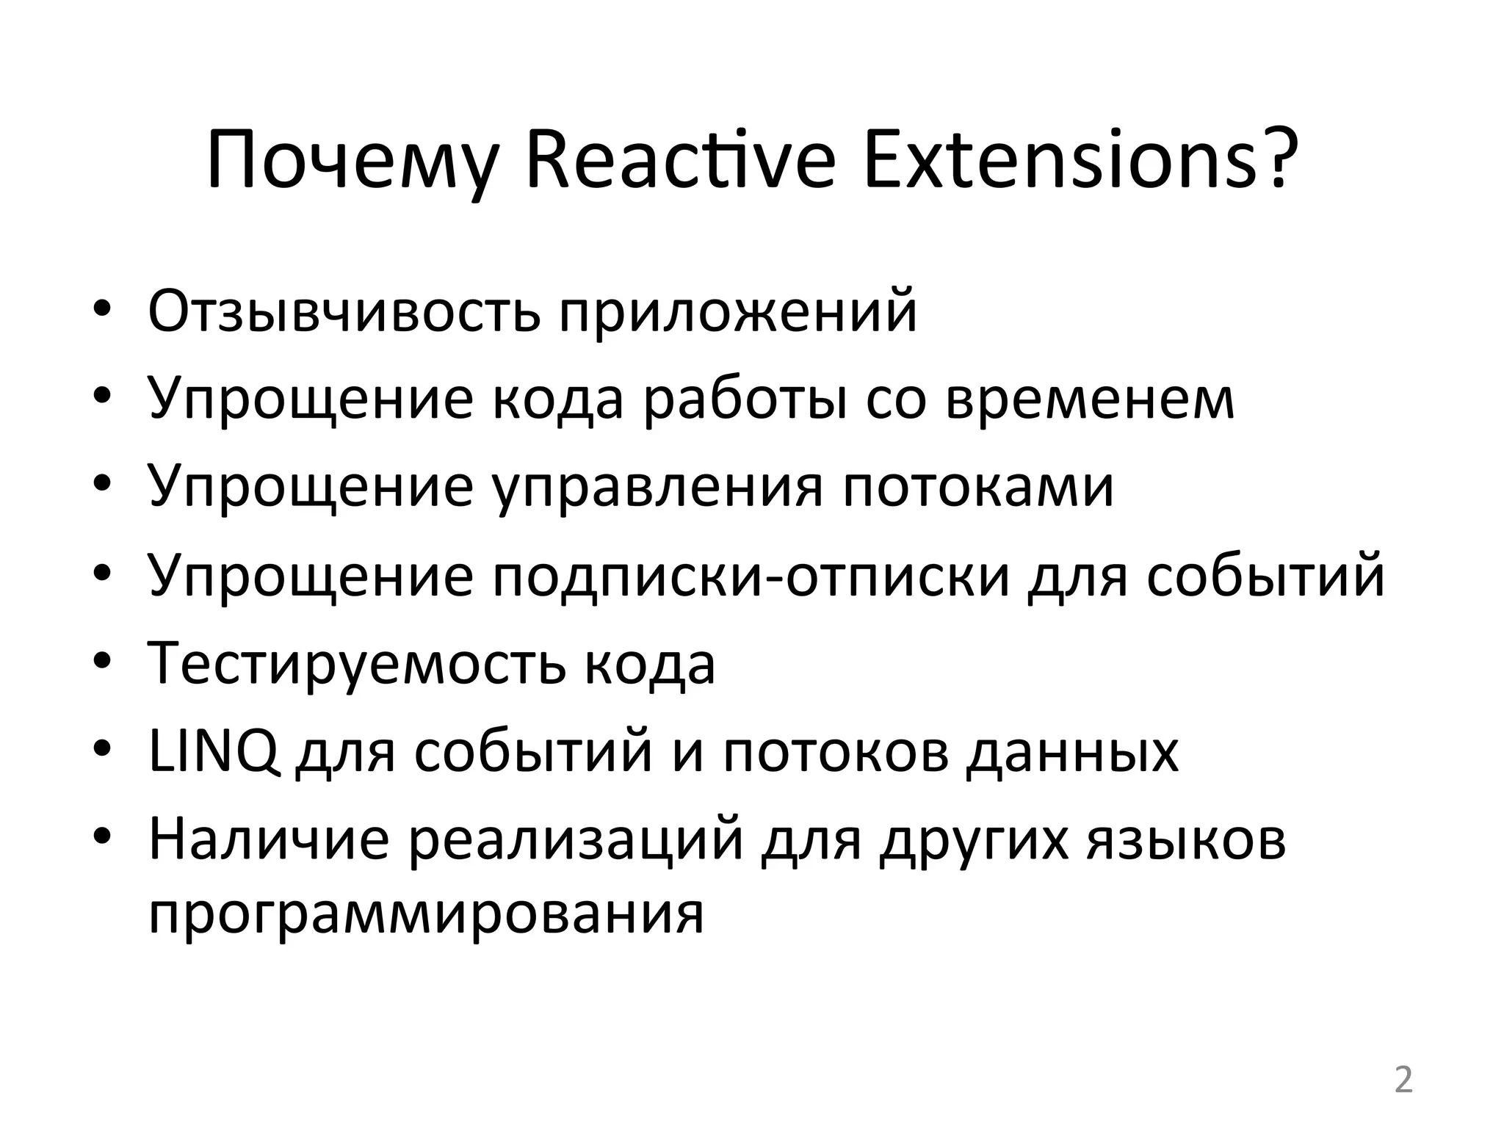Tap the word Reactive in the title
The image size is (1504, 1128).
[680, 160]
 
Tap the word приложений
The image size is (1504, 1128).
[737, 311]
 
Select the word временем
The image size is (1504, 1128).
[1090, 399]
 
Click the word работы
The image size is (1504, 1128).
[745, 399]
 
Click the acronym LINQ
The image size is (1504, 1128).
[213, 752]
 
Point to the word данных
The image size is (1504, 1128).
[1072, 752]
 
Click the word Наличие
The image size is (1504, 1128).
[269, 840]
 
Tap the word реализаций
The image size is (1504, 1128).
[576, 840]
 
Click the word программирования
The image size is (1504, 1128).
[426, 915]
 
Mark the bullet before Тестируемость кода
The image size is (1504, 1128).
[102, 664]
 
